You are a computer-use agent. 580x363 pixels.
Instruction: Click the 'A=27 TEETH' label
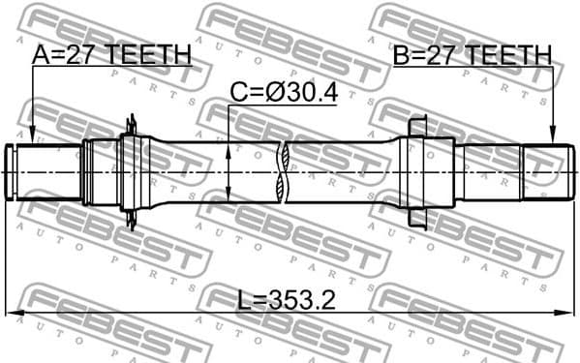[111, 55]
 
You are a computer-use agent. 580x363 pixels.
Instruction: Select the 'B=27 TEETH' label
[472, 55]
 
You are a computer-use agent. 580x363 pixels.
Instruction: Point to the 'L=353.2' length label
[287, 300]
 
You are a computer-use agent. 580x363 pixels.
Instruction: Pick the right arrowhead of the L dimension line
[566, 313]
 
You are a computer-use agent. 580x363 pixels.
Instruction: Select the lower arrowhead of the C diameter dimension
[229, 194]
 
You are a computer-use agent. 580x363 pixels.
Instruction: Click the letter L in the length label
[243, 300]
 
